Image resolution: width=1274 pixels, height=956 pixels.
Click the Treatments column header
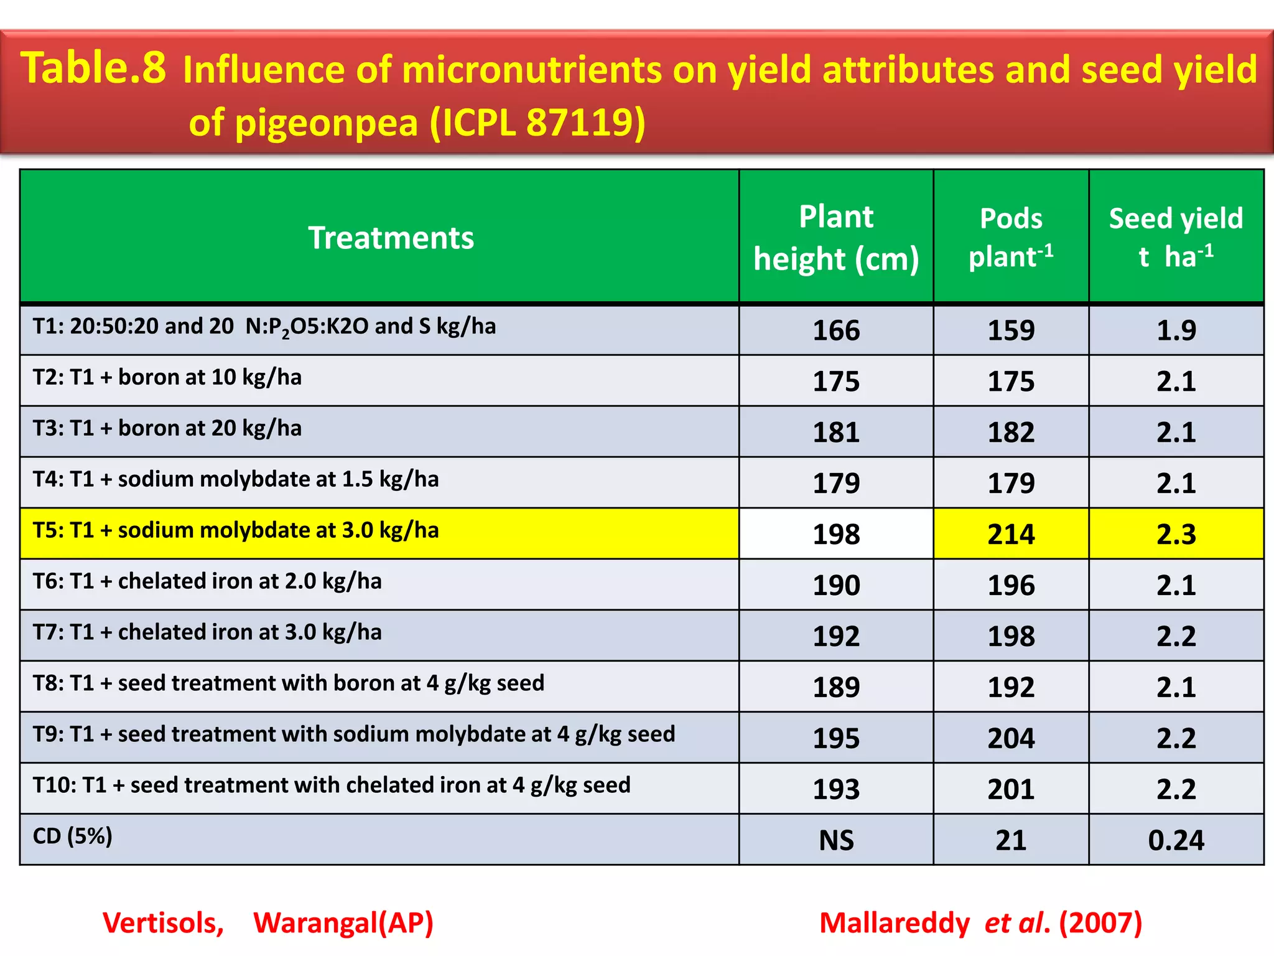coord(391,238)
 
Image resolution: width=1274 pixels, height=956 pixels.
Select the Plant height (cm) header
coord(835,238)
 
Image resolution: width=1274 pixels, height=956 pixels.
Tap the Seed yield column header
coord(1175,237)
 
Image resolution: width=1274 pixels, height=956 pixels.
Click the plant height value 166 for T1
coord(835,330)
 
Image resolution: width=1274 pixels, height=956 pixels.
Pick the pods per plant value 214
coord(1011,535)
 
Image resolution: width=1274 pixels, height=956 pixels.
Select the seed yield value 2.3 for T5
coord(1176,535)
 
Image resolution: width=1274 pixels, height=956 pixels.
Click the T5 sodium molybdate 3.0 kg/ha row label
coord(236,530)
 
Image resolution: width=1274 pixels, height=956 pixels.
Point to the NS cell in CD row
coord(835,841)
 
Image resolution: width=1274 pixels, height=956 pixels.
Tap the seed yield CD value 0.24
coord(1176,841)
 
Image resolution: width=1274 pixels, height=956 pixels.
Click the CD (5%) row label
coord(72,836)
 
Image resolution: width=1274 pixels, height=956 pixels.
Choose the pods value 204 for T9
coord(1011,739)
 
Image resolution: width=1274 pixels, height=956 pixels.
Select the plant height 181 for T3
coord(835,433)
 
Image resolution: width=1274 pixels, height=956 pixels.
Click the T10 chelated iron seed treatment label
coord(332,785)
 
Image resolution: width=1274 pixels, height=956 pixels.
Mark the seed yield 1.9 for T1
coord(1176,330)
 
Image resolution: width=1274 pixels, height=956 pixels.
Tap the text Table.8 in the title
coord(93,68)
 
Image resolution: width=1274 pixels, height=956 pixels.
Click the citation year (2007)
coord(1100,923)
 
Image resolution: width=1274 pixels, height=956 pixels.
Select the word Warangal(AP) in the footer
coord(343,923)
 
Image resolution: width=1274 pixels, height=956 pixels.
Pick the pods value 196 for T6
coord(1011,586)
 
